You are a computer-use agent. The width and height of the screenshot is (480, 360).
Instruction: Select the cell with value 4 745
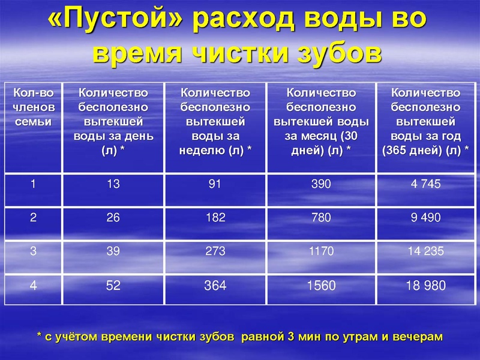tap(426, 184)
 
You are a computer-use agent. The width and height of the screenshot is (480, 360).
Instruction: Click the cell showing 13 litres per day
tap(113, 184)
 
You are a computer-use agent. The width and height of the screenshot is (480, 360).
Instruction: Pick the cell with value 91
tap(215, 184)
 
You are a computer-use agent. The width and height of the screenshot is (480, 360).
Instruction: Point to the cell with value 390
tap(321, 184)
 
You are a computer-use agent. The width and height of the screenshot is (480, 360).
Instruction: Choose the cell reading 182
tap(215, 218)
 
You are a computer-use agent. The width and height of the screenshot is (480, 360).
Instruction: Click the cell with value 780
tap(321, 218)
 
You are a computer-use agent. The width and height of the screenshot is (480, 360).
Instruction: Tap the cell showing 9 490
tap(426, 218)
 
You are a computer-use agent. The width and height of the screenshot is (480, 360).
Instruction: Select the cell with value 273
tap(215, 251)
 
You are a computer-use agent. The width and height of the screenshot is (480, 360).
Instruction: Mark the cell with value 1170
tap(321, 251)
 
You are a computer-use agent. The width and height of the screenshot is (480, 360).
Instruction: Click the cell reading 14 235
tap(426, 251)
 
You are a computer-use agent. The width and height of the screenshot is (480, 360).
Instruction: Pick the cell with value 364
tap(215, 286)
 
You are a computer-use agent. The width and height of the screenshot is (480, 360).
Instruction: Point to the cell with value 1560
tap(321, 286)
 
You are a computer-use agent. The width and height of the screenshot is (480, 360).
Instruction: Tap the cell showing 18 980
tap(426, 286)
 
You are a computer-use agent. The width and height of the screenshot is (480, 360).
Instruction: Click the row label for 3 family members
tap(34, 251)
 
